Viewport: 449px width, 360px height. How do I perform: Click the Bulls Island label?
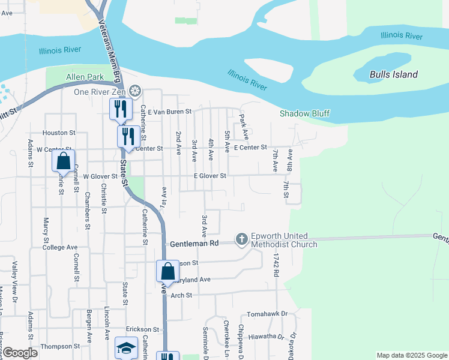(x=393, y=75)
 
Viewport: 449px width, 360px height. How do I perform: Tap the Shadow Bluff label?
(x=304, y=113)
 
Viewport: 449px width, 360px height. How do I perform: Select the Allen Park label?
(x=85, y=77)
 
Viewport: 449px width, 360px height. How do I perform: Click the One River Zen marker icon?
(x=136, y=91)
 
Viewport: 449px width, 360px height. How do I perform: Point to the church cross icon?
(x=241, y=240)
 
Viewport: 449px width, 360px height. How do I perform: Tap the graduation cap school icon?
(x=127, y=348)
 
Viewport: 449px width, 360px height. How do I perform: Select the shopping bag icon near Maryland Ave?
(x=167, y=271)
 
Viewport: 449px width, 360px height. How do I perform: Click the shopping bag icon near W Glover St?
(x=63, y=161)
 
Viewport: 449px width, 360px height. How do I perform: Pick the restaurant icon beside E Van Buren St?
(x=121, y=109)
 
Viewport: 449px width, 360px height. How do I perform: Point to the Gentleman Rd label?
(x=193, y=244)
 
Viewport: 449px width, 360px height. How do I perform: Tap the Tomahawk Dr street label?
(x=267, y=314)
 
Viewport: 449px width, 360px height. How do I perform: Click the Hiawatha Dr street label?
(x=266, y=337)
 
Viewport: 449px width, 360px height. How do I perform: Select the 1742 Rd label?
(x=276, y=264)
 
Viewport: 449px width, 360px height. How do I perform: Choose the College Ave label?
(x=60, y=247)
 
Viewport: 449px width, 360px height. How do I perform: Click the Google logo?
(x=19, y=353)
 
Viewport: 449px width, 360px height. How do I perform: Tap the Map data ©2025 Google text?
(x=411, y=355)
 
